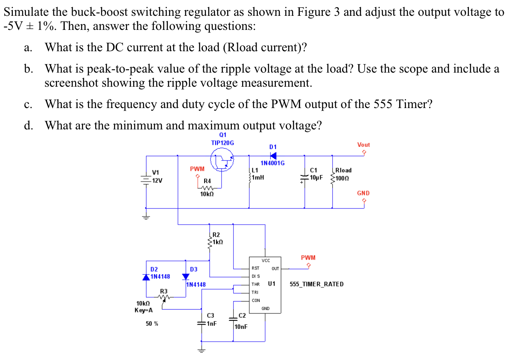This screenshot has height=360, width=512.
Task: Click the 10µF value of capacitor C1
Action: pos(316,177)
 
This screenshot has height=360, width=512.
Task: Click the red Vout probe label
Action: pos(363,145)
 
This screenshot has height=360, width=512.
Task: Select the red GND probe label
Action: pos(363,193)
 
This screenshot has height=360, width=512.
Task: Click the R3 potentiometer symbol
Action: pos(164,298)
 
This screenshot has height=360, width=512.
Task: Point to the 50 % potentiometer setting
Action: pos(152,324)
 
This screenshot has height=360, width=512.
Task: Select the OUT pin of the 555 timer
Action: pos(275,269)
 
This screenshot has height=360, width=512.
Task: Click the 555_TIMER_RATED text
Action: pos(316,284)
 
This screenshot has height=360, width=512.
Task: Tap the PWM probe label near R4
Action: pos(197,169)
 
